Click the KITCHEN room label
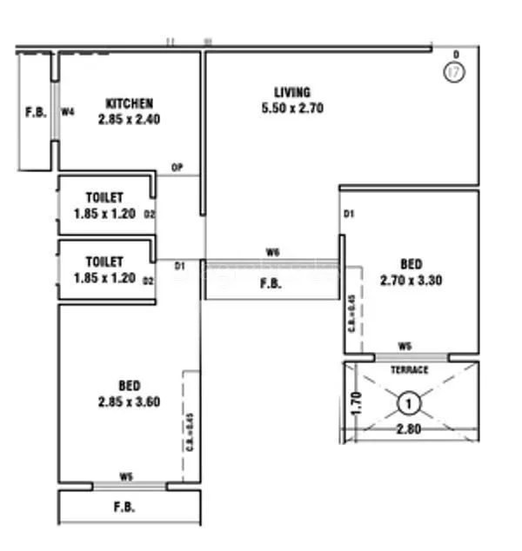pos(129,103)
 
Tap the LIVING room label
pos(291,92)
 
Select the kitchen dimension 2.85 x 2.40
pos(129,120)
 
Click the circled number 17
pos(453,73)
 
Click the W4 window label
pos(67,112)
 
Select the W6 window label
pos(272,252)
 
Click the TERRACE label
pos(409,370)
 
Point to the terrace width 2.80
pos(409,429)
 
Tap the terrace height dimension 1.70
pos(356,404)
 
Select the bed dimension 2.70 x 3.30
pos(412,280)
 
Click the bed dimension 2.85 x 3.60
pos(129,402)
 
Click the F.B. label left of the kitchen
pos(36,112)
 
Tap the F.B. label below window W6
pos(270,282)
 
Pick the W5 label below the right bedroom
pos(405,347)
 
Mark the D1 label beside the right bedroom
pos(350,214)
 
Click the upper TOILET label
pos(104,198)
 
